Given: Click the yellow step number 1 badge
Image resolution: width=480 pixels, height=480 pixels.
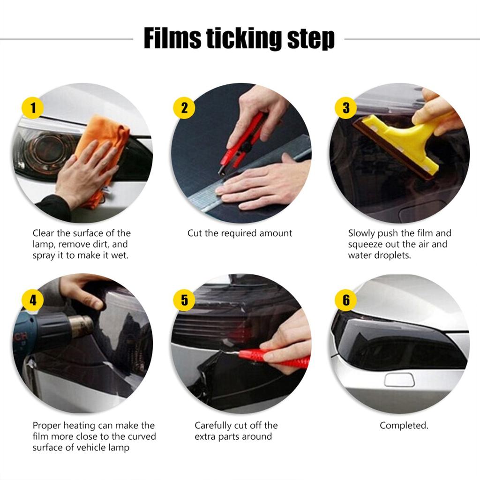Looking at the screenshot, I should [33, 108].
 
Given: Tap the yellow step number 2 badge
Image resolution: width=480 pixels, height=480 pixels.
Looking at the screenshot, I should [184, 108].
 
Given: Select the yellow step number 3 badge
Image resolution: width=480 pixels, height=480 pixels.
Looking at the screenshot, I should [346, 108].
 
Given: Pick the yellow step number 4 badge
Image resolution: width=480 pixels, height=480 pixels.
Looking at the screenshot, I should [33, 300].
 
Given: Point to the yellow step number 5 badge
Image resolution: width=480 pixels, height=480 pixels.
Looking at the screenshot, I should [184, 300].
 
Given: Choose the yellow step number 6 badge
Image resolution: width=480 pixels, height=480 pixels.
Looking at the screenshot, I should [346, 300].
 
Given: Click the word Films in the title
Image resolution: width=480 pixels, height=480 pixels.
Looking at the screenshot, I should [172, 38].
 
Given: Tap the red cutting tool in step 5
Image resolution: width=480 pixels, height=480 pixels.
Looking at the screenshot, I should [277, 357].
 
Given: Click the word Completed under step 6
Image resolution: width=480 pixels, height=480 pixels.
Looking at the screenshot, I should [404, 426].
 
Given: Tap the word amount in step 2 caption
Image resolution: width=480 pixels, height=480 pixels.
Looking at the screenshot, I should [276, 233].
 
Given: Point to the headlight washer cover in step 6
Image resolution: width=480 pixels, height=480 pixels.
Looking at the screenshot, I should [399, 379].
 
